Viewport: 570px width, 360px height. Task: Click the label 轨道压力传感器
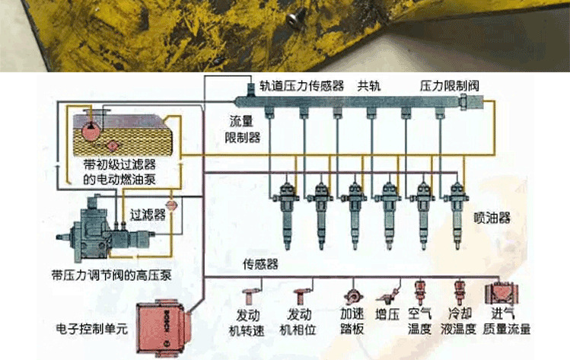(x=301, y=85)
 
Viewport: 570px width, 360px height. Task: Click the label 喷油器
(x=492, y=218)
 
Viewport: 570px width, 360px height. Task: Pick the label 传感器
(x=260, y=265)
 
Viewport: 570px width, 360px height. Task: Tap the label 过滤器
(x=148, y=215)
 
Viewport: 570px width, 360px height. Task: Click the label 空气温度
(x=419, y=322)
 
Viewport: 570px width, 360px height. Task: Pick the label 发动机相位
(x=299, y=322)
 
